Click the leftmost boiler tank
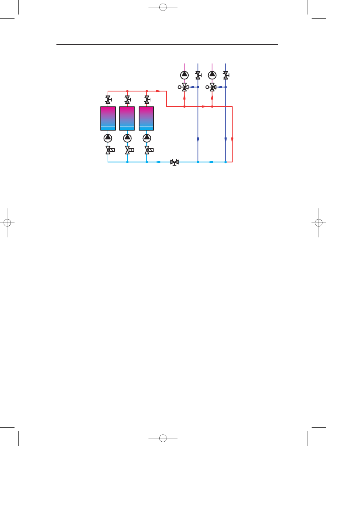coord(108,118)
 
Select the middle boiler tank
coord(127,118)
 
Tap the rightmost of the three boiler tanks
coord(146,118)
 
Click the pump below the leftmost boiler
coord(108,138)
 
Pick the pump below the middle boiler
coord(127,138)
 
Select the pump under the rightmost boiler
coord(147,138)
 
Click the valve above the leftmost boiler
coord(108,99)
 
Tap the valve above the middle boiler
coord(127,99)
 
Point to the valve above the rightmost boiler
coord(147,99)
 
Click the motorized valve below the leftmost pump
coord(108,150)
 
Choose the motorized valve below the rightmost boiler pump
coord(147,150)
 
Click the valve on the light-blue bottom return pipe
coord(175,162)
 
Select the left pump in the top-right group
coord(184,75)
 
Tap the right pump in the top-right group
coord(212,75)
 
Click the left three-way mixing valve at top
coord(184,87)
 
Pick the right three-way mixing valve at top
coord(212,87)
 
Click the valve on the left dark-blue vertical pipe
coord(198,75)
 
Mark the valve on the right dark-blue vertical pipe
coord(226,75)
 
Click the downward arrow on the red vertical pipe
coord(232,139)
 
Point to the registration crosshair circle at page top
coord(163,7)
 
